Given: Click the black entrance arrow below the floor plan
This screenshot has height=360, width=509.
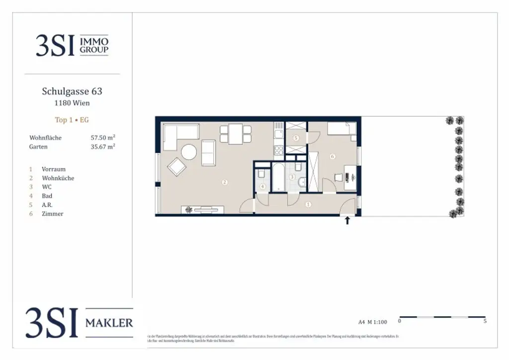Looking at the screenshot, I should point(347,220).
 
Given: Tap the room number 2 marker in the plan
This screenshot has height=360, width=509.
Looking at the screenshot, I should point(225,182).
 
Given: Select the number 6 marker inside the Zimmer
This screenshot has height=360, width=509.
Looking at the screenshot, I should point(333,157).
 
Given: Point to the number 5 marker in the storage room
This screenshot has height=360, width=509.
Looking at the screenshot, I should point(296,138).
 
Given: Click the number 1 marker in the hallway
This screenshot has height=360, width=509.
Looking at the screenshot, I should point(309,204).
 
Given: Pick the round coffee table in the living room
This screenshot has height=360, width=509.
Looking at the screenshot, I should point(189,152).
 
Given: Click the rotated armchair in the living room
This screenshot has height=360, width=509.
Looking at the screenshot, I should point(176,167).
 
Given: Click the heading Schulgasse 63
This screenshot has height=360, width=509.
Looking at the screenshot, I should point(72,91).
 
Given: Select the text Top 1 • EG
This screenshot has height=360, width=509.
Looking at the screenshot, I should point(72,120).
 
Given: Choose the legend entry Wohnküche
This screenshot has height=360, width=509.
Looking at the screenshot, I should point(58,178).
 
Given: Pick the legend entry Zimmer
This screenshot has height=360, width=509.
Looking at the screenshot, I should point(53,214).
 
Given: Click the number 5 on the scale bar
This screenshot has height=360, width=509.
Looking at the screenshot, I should point(485,322).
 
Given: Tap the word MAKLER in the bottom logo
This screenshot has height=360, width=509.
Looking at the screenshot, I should point(109,323).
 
